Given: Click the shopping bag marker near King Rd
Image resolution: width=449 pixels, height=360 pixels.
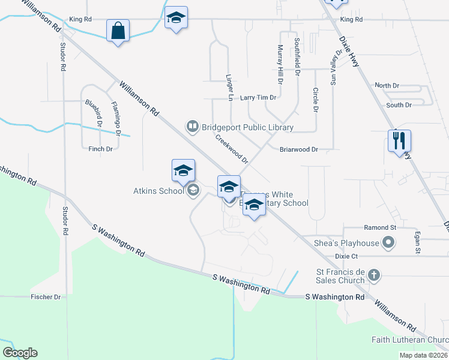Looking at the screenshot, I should (x=118, y=31).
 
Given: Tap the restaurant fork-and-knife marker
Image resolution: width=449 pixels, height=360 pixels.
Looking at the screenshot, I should (x=399, y=142).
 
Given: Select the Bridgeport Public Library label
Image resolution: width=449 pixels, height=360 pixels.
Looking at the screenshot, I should (x=247, y=127).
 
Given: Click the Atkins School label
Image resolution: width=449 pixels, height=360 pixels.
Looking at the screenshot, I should (x=158, y=191).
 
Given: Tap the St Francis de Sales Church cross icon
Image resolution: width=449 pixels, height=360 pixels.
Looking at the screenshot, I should (x=373, y=275).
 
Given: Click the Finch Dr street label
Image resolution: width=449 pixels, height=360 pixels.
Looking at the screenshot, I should (x=101, y=149).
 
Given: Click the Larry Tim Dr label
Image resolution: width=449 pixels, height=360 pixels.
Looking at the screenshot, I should (x=258, y=97).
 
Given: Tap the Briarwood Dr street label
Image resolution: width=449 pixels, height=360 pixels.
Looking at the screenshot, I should (x=298, y=149).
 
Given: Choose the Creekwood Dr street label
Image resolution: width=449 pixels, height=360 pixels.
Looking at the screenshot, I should (x=232, y=148).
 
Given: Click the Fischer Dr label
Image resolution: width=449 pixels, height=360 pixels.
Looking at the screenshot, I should (x=46, y=297).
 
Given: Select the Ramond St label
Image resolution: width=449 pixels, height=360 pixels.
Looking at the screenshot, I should (x=381, y=228).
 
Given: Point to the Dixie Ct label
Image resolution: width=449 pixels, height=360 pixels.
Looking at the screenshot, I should (x=346, y=256).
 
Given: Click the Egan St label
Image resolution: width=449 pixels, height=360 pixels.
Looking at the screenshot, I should (x=417, y=244).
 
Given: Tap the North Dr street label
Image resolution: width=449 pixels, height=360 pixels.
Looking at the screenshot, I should (x=387, y=86).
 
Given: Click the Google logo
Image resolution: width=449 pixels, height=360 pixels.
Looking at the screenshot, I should (x=20, y=353).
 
